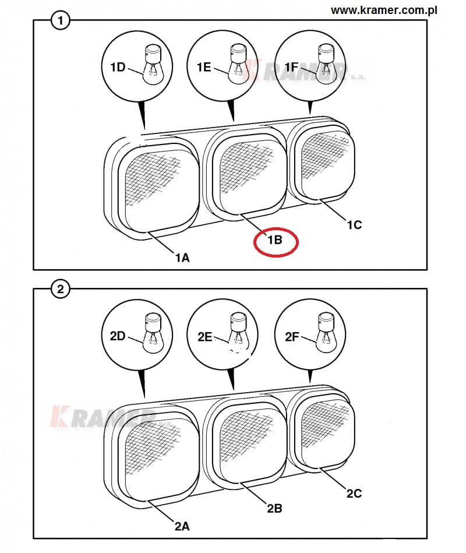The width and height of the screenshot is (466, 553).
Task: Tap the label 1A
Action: pos(182,258)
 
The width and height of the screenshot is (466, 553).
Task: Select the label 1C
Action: pos(354,225)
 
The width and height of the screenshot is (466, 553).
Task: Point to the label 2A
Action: pos(182,526)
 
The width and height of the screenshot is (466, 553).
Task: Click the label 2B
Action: pos(274,509)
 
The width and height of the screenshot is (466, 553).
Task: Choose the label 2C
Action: pos(354,494)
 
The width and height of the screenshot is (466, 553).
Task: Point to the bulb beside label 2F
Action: pos(326,333)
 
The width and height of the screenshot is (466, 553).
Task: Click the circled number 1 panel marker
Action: pos(60,20)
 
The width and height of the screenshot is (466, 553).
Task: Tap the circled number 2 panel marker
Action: pos(60,289)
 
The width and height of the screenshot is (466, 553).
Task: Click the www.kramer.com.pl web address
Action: pos(384,10)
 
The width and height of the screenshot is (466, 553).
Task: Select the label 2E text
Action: pos(205,337)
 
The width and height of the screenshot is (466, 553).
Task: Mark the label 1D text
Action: pos(118,66)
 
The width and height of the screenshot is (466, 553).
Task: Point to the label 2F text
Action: pos(292,337)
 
